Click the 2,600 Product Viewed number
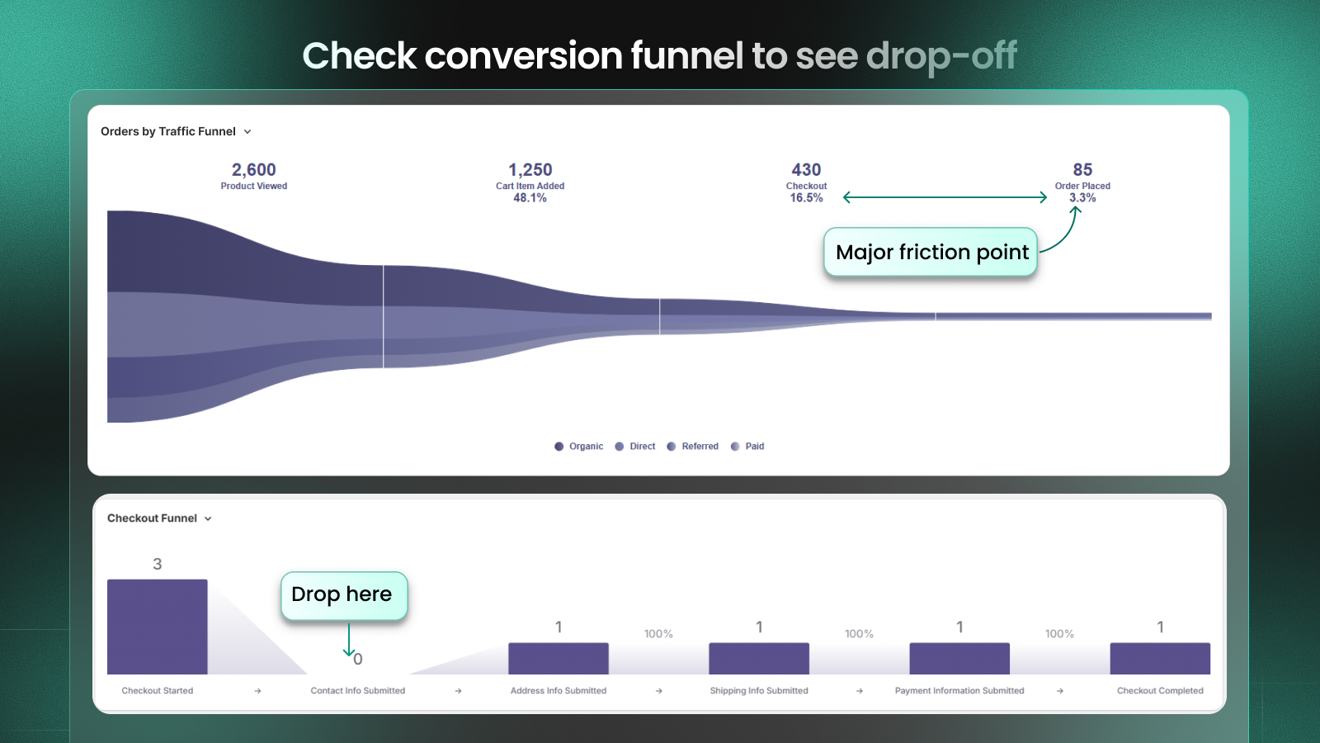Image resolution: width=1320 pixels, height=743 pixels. pyautogui.click(x=253, y=170)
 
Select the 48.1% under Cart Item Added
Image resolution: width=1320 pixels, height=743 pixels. pyautogui.click(x=530, y=198)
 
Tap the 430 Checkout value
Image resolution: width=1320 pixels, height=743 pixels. pyautogui.click(x=806, y=170)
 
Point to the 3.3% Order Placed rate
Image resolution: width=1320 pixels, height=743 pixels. pyautogui.click(x=1082, y=198)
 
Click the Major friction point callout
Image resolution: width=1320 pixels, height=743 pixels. pyautogui.click(x=931, y=253)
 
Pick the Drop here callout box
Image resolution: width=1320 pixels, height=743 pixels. pyautogui.click(x=343, y=595)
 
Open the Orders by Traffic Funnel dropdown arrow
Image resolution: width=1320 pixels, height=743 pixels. pyautogui.click(x=247, y=132)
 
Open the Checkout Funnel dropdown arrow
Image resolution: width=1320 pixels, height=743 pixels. pyautogui.click(x=208, y=519)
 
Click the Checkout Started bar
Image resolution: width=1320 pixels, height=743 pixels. pyautogui.click(x=157, y=627)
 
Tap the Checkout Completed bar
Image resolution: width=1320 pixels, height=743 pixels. pyautogui.click(x=1159, y=659)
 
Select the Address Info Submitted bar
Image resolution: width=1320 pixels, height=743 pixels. pyautogui.click(x=558, y=659)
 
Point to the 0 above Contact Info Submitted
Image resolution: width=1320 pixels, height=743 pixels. pyautogui.click(x=358, y=660)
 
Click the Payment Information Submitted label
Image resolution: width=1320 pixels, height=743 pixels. pyautogui.click(x=959, y=691)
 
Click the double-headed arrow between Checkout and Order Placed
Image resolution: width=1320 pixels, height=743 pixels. pyautogui.click(x=945, y=197)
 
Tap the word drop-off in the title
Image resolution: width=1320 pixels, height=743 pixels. pyautogui.click(x=940, y=56)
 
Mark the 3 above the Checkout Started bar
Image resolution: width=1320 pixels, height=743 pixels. pyautogui.click(x=157, y=565)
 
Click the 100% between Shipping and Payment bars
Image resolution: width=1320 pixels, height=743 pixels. pyautogui.click(x=859, y=634)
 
